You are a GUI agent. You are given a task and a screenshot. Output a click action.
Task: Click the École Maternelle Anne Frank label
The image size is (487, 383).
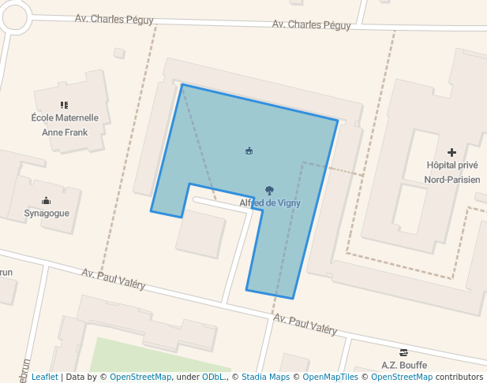tap(65, 125)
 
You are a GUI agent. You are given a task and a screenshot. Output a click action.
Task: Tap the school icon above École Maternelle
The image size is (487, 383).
tap(65, 105)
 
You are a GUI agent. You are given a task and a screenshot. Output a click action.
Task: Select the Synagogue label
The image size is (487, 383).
tap(47, 213)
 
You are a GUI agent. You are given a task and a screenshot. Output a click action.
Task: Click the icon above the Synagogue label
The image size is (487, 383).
tap(47, 200)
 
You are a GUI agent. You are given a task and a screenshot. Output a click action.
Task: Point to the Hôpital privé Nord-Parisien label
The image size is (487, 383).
tap(451, 173)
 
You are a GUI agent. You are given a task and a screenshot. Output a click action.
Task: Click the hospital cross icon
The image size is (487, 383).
tap(451, 152)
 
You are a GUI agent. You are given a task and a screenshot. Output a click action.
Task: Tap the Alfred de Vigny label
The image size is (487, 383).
tap(270, 203)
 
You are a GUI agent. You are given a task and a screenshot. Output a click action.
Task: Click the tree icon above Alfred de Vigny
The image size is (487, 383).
tap(270, 190)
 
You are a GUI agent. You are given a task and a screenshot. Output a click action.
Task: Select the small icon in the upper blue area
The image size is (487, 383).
tap(249, 151)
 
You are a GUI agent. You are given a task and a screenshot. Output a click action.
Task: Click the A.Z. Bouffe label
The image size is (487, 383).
tap(404, 365)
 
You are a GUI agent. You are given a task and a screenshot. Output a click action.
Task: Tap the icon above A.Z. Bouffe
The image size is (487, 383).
tap(404, 352)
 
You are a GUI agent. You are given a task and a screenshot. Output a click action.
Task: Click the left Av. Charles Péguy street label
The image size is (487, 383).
tap(114, 18)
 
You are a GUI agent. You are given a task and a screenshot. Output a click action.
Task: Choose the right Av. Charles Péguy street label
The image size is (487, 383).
tap(311, 24)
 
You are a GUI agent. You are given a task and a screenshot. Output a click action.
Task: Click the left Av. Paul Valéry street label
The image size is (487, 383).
tap(114, 278)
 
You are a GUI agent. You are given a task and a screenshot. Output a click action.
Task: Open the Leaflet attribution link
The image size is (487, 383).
tap(44, 377)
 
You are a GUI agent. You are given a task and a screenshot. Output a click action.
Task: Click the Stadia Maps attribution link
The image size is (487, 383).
tap(266, 377)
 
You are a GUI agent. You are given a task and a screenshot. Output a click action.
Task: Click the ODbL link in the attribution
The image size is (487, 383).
tap(213, 377)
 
